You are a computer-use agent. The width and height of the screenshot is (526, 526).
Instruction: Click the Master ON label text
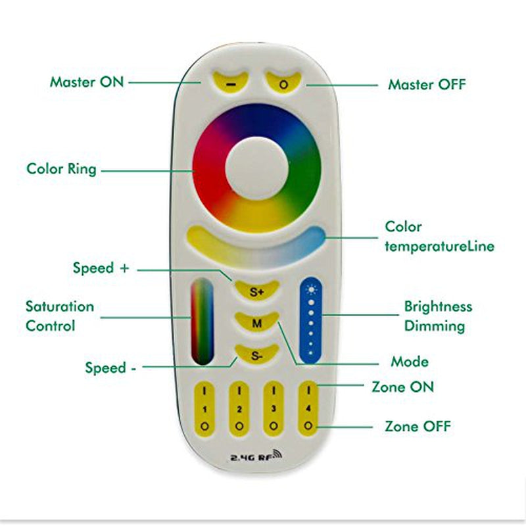[86, 82]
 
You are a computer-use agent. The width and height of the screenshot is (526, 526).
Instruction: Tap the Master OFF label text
[427, 85]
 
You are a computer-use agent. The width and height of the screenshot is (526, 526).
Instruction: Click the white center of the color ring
[256, 168]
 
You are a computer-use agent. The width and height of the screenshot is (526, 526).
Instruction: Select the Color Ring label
[61, 169]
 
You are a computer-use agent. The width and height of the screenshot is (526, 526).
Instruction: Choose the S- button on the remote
[256, 355]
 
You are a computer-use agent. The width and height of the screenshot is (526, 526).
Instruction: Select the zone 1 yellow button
[204, 408]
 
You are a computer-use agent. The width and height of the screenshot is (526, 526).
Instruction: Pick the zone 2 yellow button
[239, 408]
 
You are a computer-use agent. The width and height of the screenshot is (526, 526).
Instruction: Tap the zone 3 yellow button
[273, 408]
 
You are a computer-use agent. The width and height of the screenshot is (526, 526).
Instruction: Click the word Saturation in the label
[60, 306]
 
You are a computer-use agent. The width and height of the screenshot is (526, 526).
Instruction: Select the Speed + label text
[101, 268]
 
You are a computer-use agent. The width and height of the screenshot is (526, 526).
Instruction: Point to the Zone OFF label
[418, 426]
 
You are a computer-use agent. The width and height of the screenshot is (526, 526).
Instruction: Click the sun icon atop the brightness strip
[310, 287]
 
